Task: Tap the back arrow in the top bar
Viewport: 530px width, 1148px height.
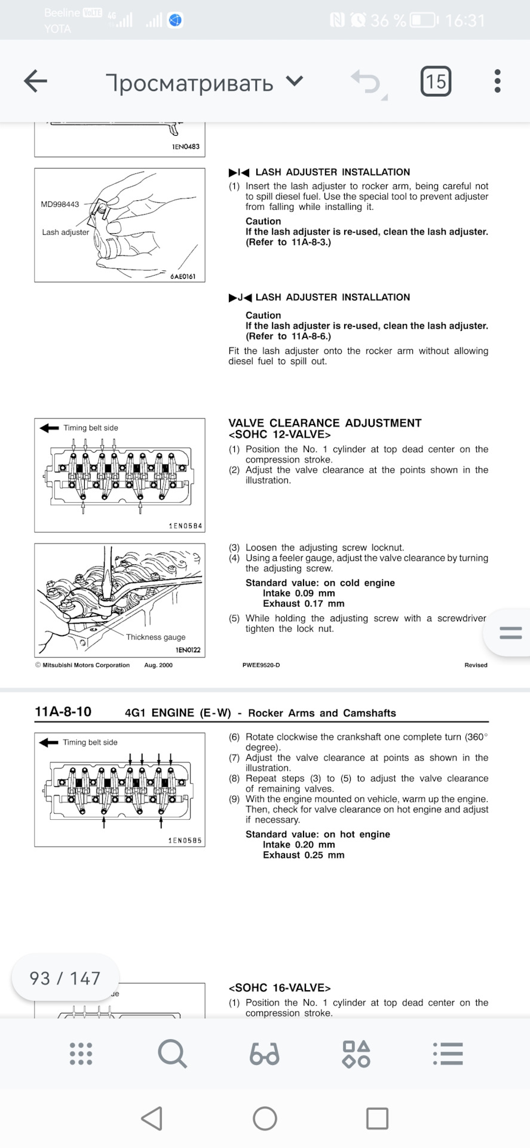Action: pyautogui.click(x=35, y=81)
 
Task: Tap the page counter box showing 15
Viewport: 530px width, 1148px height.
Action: pyautogui.click(x=436, y=81)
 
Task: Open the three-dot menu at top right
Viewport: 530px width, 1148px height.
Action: pyautogui.click(x=497, y=81)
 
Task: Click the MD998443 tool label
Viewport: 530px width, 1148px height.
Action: pyautogui.click(x=60, y=204)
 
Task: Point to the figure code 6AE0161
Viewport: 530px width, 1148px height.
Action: pyautogui.click(x=183, y=277)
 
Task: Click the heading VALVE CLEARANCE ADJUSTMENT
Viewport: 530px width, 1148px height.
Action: pyautogui.click(x=324, y=423)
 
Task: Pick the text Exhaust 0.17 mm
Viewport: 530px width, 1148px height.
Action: pyautogui.click(x=304, y=604)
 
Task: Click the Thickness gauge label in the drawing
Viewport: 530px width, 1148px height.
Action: pyautogui.click(x=155, y=637)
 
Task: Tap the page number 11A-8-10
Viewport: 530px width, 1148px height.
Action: pyautogui.click(x=63, y=712)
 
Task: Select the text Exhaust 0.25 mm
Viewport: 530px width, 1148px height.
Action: pyautogui.click(x=304, y=856)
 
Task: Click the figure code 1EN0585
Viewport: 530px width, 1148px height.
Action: pyautogui.click(x=185, y=841)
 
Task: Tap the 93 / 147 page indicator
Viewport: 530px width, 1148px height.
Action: pyautogui.click(x=65, y=979)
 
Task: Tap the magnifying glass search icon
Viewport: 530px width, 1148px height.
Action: pyautogui.click(x=173, y=1054)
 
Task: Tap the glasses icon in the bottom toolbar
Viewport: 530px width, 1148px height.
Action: pyautogui.click(x=264, y=1054)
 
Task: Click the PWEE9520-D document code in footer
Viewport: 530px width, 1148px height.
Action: pyautogui.click(x=261, y=665)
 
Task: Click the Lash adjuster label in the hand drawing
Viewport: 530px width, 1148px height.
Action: pyautogui.click(x=66, y=233)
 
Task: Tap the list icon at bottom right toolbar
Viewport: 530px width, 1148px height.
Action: pyautogui.click(x=448, y=1054)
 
